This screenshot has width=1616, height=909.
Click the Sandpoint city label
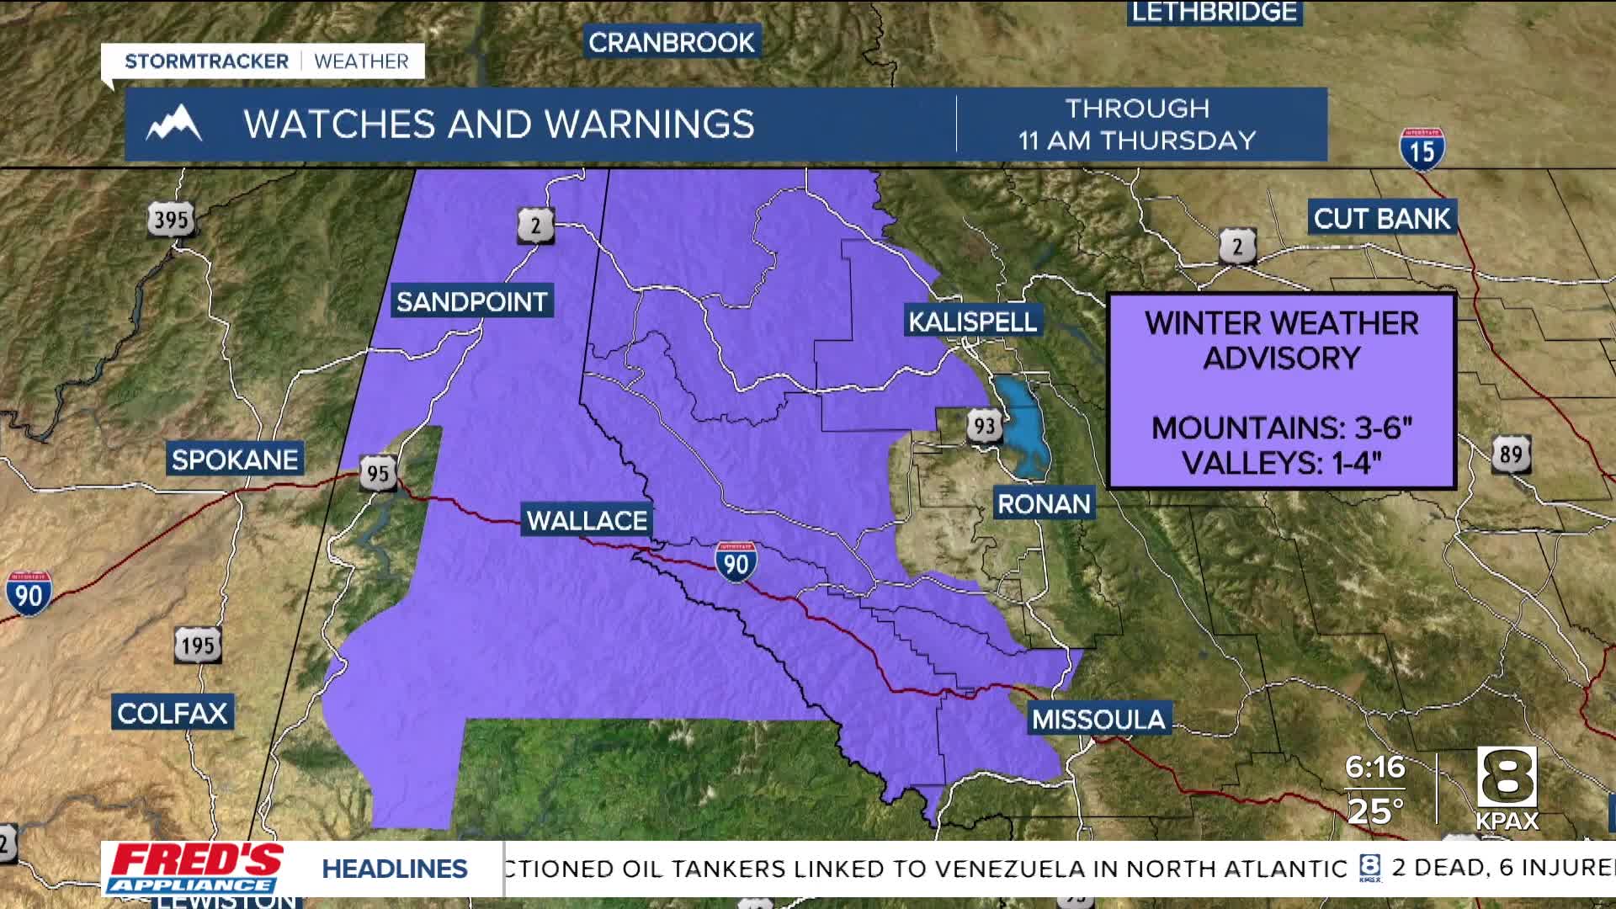(471, 301)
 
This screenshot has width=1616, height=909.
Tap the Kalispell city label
(972, 321)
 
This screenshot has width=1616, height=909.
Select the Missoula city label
(1098, 719)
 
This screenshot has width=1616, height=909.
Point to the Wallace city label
(587, 520)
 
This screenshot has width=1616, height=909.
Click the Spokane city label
(235, 460)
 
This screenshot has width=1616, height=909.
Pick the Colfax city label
(173, 713)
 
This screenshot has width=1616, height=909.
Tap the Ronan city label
(1044, 503)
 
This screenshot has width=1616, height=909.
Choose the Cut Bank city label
(1382, 219)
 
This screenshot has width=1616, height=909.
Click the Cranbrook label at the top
(671, 42)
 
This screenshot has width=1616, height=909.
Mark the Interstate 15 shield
(1422, 150)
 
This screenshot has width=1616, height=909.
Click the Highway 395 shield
(171, 221)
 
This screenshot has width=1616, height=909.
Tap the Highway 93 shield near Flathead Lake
(983, 426)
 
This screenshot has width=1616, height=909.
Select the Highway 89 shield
(1511, 454)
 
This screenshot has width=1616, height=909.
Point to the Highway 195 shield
(199, 646)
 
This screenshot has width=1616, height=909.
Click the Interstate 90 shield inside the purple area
(736, 561)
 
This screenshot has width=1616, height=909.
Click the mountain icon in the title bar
(174, 125)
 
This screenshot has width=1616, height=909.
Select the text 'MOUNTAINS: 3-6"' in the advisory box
(1281, 428)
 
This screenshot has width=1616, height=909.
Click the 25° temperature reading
(1375, 811)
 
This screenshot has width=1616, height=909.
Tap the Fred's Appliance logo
(195, 869)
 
